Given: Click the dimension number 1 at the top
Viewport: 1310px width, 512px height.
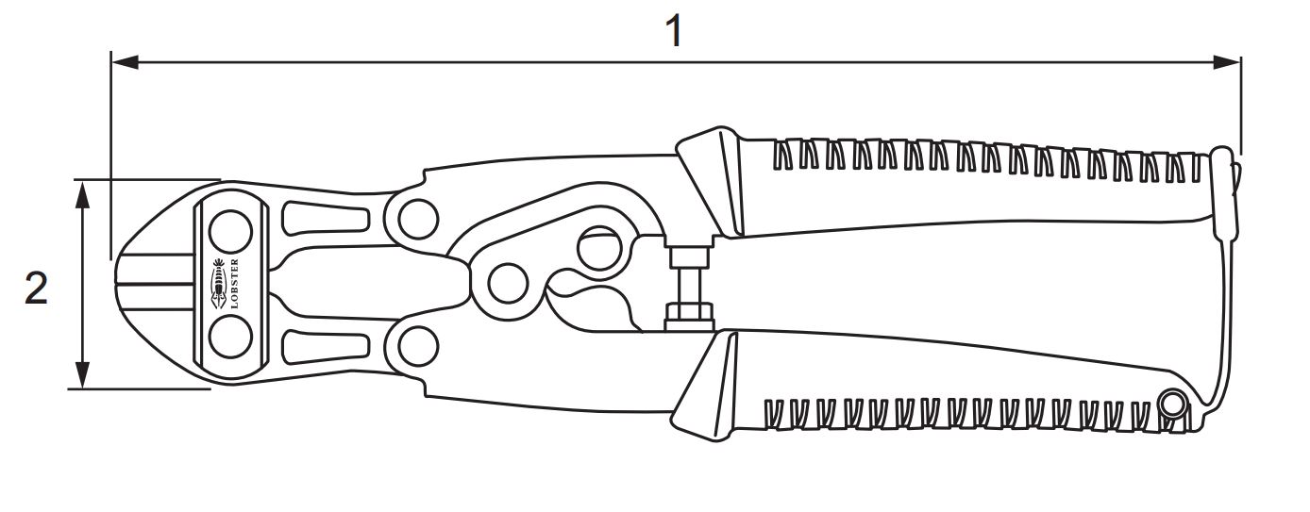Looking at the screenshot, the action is (x=674, y=32).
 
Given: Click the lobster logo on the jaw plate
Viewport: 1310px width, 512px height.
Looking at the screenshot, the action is (x=218, y=284).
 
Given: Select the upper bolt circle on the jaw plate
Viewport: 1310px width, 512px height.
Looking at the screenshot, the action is (x=230, y=231).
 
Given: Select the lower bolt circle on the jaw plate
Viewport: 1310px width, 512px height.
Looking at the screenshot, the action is (x=230, y=337).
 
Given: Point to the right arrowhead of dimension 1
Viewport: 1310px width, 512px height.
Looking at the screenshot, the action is (x=1226, y=62).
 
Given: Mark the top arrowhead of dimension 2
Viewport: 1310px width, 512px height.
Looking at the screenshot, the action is (x=84, y=194).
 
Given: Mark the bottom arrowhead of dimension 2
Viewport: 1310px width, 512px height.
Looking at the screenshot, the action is (x=84, y=374).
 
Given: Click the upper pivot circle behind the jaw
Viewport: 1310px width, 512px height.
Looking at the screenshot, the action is (x=418, y=219).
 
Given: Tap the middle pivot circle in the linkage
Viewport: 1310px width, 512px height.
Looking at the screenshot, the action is (x=508, y=284).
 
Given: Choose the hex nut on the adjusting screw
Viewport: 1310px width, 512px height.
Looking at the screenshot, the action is (x=690, y=317).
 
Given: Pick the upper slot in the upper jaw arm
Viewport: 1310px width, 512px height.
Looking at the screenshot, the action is (x=327, y=219).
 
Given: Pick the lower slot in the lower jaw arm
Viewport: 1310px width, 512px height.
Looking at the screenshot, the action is (x=327, y=347).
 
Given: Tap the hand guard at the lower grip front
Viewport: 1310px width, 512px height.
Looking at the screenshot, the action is (x=707, y=386).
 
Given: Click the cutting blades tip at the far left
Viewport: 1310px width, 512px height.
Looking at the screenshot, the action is (x=117, y=284).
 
